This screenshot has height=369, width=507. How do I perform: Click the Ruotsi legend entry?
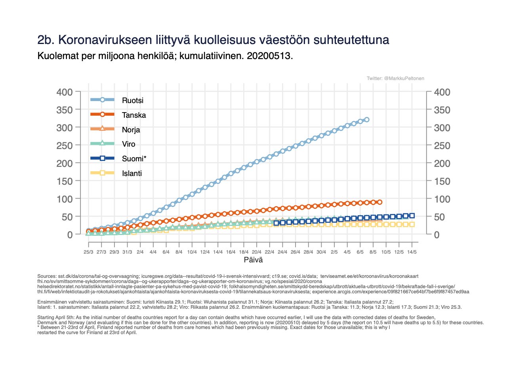click(x=132, y=101)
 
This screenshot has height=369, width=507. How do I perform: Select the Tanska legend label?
click(x=134, y=115)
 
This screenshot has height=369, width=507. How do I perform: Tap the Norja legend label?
click(x=131, y=130)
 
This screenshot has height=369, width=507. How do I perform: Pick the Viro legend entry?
click(x=129, y=144)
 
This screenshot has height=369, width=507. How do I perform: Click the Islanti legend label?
click(x=132, y=173)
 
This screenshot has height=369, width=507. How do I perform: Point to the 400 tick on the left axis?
click(x=64, y=92)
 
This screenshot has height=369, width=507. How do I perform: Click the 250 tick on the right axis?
click(x=442, y=145)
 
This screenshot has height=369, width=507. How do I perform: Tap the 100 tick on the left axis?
click(x=64, y=199)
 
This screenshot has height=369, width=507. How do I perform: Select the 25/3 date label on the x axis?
click(x=88, y=252)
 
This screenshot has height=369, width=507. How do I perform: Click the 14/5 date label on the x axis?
click(x=412, y=252)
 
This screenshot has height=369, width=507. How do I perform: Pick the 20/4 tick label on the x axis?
click(x=257, y=252)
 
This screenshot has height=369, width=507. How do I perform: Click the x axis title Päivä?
click(x=253, y=260)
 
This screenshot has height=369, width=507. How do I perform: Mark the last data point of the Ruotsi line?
click(x=367, y=119)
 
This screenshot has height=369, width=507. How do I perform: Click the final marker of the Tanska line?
click(x=379, y=202)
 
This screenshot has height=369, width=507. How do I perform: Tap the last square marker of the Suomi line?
click(x=412, y=216)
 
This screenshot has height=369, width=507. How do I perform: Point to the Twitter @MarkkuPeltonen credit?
click(x=395, y=78)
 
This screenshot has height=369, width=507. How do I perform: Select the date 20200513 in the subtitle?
click(x=269, y=56)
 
